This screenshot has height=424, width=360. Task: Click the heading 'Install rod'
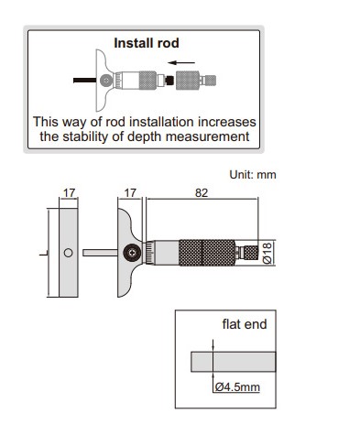click(x=147, y=43)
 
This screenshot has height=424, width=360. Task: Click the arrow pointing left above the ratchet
click(x=181, y=63)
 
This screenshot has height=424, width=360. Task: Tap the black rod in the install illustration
click(x=85, y=81)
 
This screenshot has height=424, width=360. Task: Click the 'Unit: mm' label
click(x=253, y=175)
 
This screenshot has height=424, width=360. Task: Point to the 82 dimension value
click(x=202, y=193)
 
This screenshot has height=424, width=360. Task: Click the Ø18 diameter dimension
click(x=267, y=253)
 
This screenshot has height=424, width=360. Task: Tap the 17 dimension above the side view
click(x=69, y=193)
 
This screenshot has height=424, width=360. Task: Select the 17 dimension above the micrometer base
click(x=130, y=193)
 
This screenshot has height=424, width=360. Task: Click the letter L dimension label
click(x=43, y=253)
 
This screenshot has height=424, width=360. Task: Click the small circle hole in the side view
click(x=68, y=253)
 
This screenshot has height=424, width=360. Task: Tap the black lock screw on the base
click(x=132, y=253)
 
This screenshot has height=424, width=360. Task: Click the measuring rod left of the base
click(x=100, y=253)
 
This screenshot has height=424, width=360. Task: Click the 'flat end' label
click(x=245, y=324)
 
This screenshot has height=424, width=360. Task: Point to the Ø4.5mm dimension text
click(x=237, y=387)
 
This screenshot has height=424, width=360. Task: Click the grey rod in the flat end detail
click(x=234, y=362)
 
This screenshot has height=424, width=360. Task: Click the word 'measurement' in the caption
click(x=208, y=136)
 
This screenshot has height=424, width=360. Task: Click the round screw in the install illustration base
click(x=106, y=81)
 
